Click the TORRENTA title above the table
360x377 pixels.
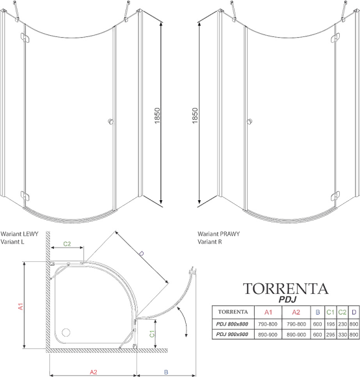(285, 289)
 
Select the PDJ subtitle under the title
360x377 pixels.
(287, 300)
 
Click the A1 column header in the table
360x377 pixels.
(268, 312)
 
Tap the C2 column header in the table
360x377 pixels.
(342, 312)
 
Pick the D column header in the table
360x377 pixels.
(354, 312)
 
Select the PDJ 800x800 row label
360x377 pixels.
(232, 324)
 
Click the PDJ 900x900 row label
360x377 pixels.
(232, 334)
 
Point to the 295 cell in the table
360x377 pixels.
(331, 335)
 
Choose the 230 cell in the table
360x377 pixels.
(342, 324)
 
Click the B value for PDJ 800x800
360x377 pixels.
(317, 324)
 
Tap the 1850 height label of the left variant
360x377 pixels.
(157, 116)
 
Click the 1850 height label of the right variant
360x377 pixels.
(195, 116)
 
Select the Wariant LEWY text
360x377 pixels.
(19, 234)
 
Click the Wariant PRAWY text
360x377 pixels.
(219, 234)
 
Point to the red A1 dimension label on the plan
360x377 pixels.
(21, 306)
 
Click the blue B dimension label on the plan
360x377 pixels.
(166, 372)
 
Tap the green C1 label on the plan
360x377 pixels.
(152, 333)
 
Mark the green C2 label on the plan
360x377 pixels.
(67, 244)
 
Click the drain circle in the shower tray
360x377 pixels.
(66, 333)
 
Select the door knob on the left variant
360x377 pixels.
(110, 122)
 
